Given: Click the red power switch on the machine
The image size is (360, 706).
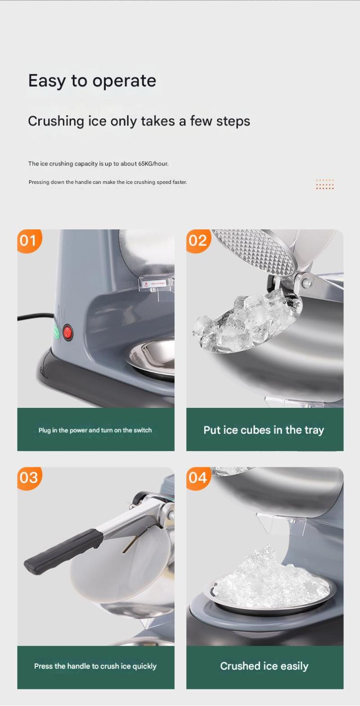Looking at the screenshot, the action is click(67, 332).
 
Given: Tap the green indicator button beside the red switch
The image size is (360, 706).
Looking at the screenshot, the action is click(57, 331).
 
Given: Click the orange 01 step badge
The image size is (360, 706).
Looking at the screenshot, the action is click(29, 241).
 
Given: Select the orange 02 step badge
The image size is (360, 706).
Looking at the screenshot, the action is click(198, 241).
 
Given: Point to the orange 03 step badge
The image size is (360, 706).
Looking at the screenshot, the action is click(29, 478).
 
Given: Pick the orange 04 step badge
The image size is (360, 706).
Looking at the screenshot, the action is click(198, 478).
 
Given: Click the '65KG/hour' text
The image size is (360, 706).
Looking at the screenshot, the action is click(153, 164).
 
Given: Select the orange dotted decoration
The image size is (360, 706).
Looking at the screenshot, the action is click(324, 184).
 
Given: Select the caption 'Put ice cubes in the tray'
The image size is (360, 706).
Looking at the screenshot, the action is click(264, 430).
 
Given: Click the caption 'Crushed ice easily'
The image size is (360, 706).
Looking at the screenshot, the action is click(265, 666).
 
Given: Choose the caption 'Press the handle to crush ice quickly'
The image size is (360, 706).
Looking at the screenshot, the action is click(95, 666).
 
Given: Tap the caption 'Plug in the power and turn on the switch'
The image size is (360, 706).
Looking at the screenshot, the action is click(95, 430).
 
